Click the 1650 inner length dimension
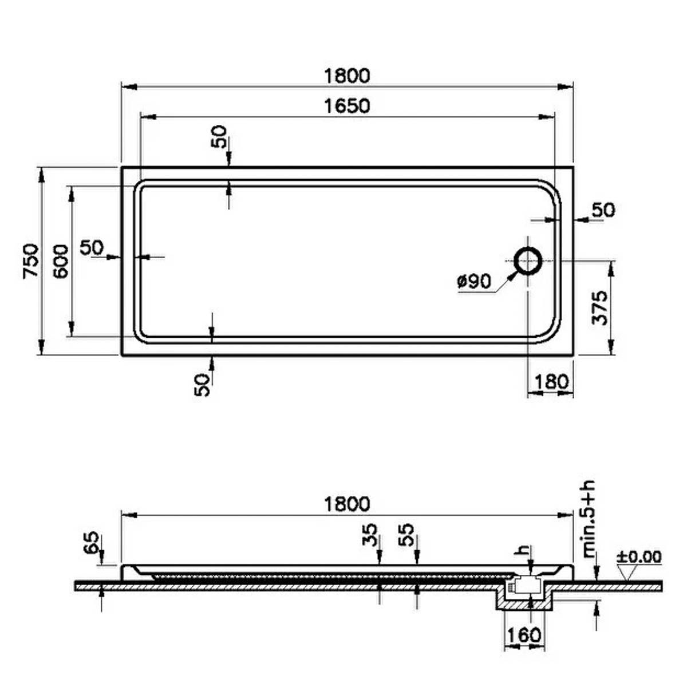[348, 106]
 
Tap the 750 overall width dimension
[30, 260]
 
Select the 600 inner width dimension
[60, 261]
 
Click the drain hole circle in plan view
[528, 260]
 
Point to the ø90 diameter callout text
[475, 282]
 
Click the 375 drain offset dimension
[599, 308]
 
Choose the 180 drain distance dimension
[551, 382]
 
